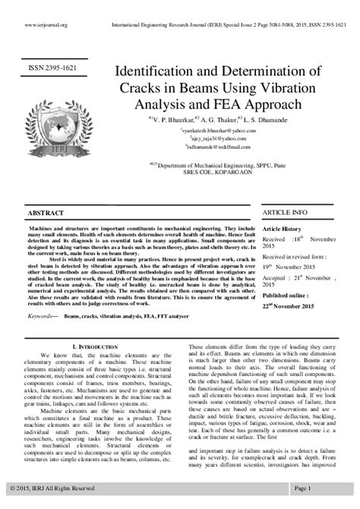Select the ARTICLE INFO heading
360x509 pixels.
pos(285,212)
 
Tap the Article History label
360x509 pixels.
pos(282,228)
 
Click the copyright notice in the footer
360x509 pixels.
pos(52,487)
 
